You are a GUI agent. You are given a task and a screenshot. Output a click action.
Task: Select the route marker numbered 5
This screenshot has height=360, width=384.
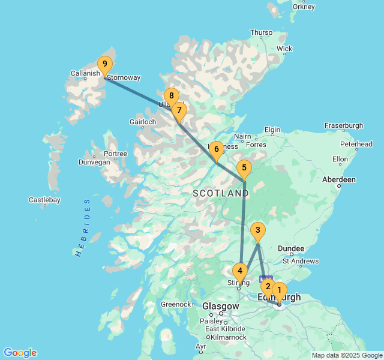[243, 169]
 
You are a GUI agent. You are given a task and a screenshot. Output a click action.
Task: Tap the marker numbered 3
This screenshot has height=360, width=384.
[257, 230]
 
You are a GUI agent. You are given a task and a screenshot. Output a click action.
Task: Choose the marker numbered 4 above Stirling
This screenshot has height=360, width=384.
[240, 271]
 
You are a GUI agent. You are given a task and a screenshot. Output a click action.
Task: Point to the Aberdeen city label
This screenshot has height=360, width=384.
[338, 179]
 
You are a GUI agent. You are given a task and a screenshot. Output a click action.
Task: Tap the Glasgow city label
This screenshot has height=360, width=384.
[220, 306]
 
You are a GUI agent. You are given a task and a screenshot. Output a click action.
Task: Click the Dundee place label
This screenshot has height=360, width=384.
[290, 248]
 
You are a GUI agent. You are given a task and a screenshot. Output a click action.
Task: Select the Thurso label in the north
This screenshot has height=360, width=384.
[261, 32]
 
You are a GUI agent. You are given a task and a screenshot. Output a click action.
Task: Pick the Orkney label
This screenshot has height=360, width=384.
[304, 7]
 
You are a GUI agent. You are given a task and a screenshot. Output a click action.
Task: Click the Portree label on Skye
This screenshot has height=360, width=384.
[116, 154]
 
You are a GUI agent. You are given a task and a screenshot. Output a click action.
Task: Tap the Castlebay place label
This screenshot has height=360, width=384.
[44, 200]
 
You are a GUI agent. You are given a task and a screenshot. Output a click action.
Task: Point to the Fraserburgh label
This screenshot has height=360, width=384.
[344, 125]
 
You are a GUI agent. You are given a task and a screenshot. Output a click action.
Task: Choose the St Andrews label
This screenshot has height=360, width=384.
[301, 261]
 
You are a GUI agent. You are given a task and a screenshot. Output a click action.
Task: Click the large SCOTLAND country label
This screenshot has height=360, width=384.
[220, 193]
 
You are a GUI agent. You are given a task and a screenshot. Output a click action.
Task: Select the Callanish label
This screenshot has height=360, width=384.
[85, 73]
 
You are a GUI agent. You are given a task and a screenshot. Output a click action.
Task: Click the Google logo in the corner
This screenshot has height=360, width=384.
[20, 353]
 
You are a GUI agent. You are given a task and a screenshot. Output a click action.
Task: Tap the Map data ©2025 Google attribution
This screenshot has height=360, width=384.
[347, 355]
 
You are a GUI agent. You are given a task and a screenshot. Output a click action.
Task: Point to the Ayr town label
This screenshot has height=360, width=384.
[201, 347]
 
